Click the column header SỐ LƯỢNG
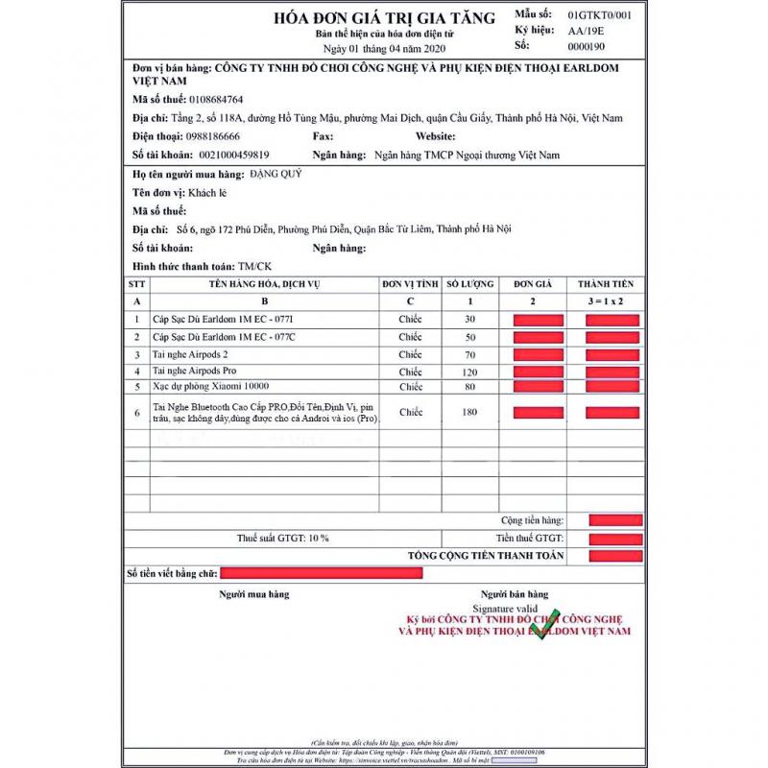tap(470, 284)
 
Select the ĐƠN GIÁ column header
tap(538, 284)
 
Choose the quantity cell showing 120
tap(470, 372)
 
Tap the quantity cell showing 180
tap(470, 413)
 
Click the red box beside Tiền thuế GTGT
tap(615, 538)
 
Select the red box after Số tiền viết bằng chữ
tap(322, 573)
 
